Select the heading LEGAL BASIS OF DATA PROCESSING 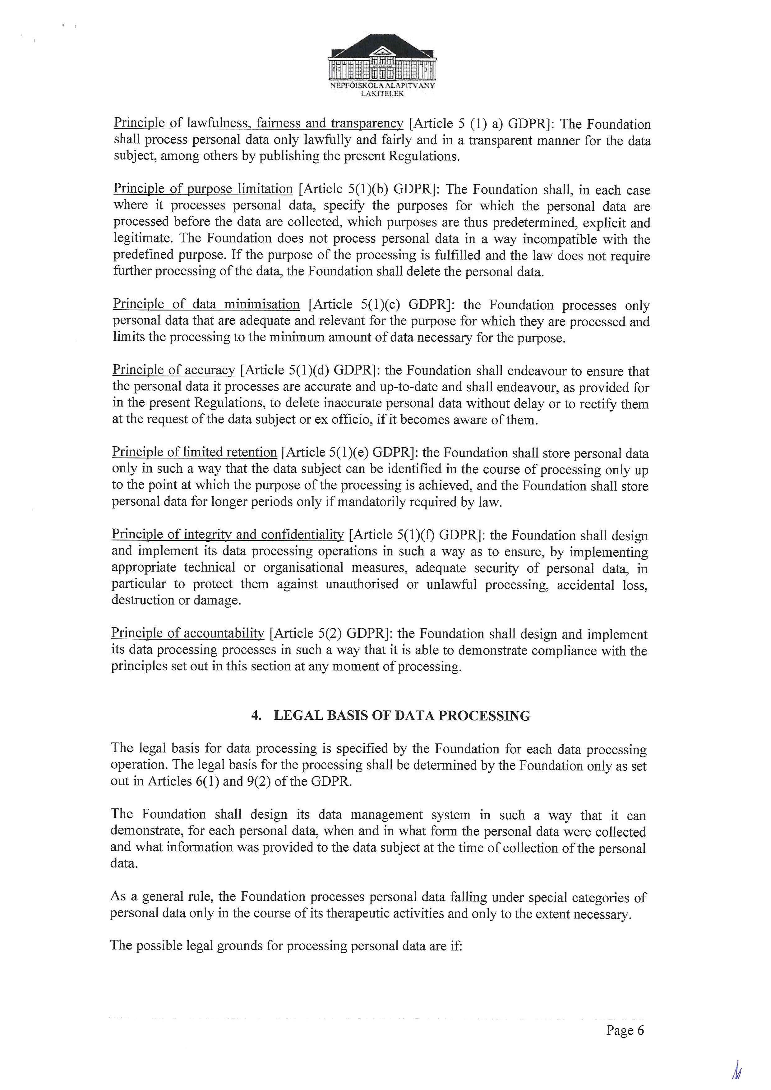(402, 715)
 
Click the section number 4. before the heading (256, 715)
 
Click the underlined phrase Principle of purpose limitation (203, 189)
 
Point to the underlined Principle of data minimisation (206, 304)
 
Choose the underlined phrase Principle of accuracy (174, 370)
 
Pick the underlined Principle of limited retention (194, 453)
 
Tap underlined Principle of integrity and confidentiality (227, 535)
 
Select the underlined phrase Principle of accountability (187, 633)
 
